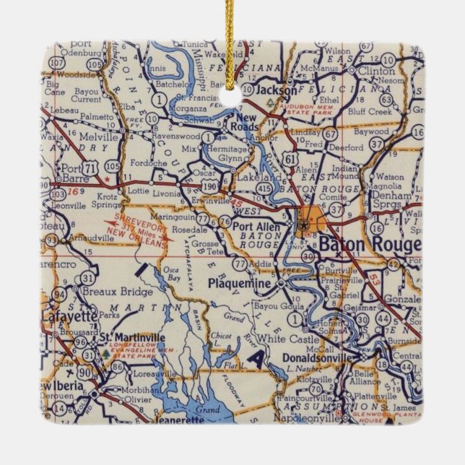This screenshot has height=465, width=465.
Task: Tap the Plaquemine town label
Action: pyautogui.click(x=239, y=284)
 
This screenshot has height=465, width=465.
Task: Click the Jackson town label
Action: pyautogui.click(x=278, y=92)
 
